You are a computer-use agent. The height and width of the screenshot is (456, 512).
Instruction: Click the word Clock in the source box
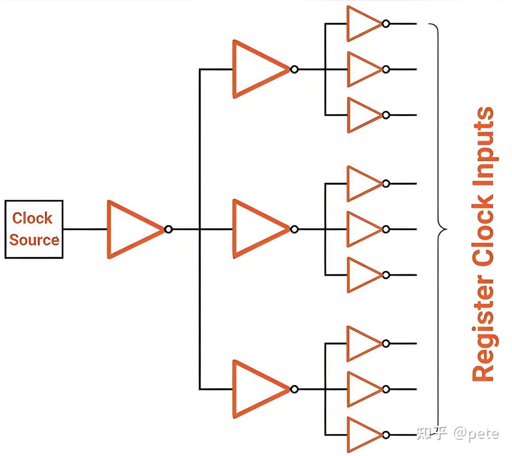(32, 218)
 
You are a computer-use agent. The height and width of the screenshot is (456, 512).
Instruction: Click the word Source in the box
(34, 240)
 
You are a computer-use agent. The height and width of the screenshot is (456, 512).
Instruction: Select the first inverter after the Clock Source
(131, 229)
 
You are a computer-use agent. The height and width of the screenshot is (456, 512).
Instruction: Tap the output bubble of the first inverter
(168, 229)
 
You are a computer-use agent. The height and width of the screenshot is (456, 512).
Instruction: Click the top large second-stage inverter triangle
(256, 69)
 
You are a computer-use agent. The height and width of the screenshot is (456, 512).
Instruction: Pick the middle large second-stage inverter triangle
(256, 229)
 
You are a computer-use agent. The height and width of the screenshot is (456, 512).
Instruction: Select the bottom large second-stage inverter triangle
(256, 389)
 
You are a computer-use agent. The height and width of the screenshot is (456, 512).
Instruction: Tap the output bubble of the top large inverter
(294, 69)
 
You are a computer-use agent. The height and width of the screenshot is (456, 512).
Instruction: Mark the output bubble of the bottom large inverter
(294, 389)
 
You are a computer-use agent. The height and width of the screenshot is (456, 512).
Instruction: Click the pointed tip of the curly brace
(445, 230)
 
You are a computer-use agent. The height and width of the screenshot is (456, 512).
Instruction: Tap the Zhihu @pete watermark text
(458, 433)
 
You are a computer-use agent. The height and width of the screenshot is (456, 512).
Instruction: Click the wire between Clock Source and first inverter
(85, 229)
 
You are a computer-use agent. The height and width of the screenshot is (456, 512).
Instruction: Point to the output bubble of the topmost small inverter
(386, 23)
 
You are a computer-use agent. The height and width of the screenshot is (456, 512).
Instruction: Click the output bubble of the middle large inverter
(294, 229)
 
